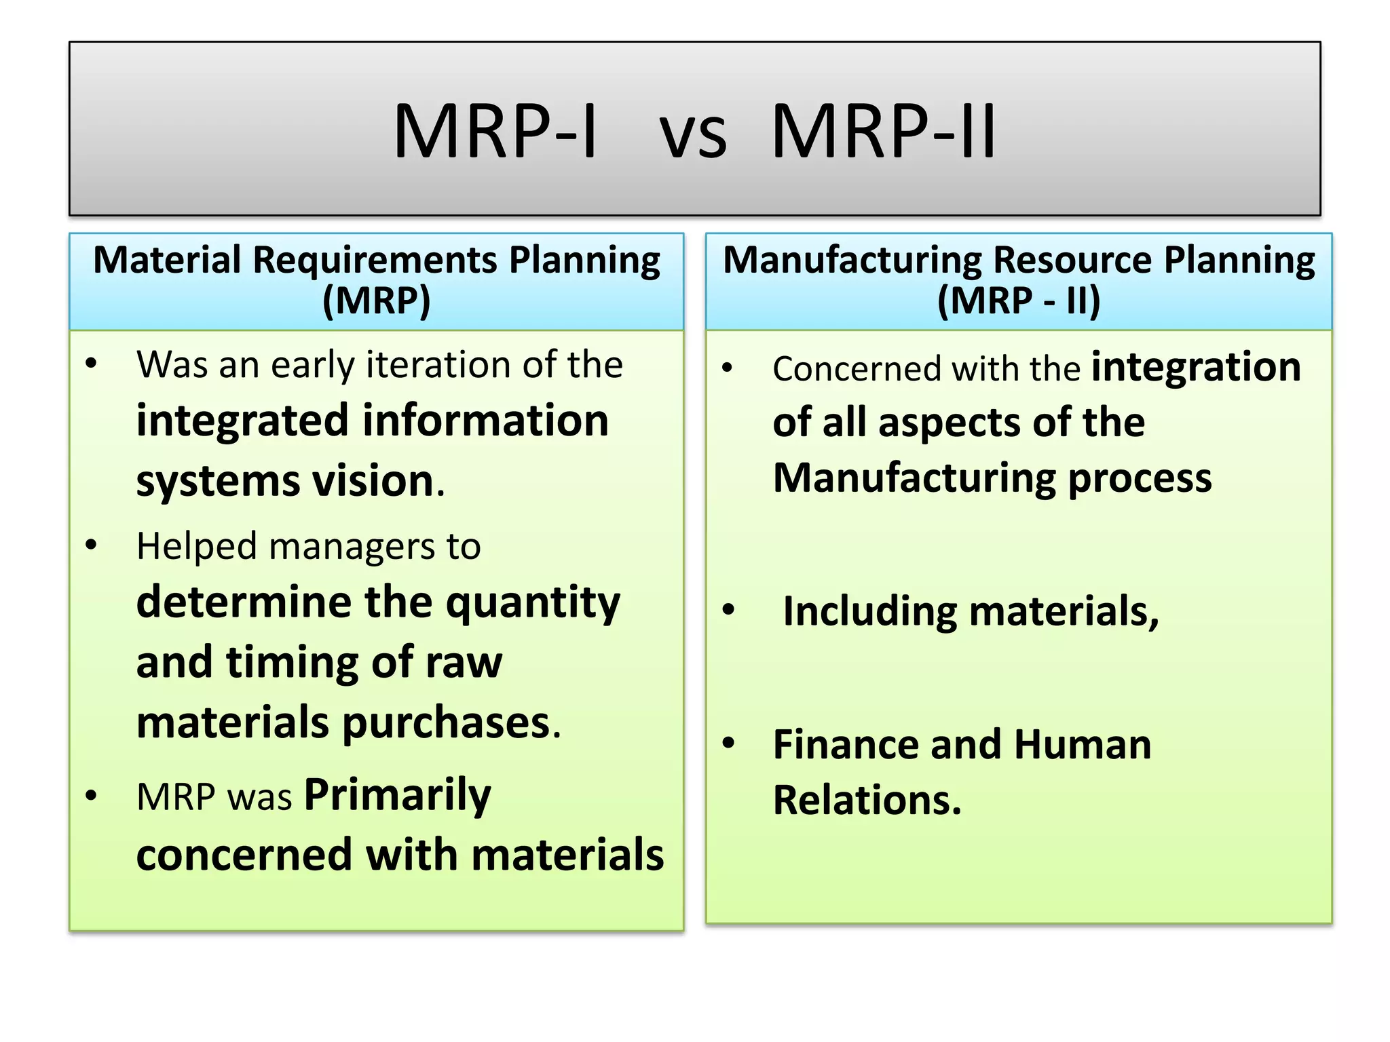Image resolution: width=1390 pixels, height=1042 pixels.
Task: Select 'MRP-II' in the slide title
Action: pos(884,131)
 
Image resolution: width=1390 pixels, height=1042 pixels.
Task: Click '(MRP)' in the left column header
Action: pos(376,301)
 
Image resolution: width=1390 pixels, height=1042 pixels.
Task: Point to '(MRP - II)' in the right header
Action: pos(1018,301)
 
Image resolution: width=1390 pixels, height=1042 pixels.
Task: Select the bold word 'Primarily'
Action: pos(397,796)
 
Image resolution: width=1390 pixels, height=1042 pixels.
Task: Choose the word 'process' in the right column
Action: pos(1140,479)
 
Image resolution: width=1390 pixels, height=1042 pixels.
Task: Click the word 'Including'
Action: pos(870,611)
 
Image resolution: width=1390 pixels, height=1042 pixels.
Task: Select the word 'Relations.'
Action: pos(867,800)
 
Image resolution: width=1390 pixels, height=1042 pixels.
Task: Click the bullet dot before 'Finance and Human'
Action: pos(728,743)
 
